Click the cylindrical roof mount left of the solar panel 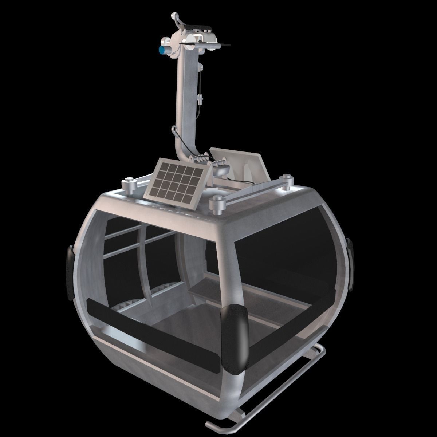point(129,185)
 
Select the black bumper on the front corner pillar point(234,335)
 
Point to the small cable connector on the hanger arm point(200,98)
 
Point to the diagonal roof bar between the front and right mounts point(251,191)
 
